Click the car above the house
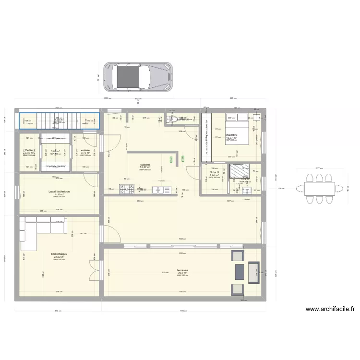pos(138,76)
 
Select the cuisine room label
pos(145,165)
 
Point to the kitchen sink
pos(159,190)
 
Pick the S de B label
pos(214,172)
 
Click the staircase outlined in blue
pos(59,121)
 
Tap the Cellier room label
pos(29,150)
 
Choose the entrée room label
pos(86,150)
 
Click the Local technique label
pos(59,192)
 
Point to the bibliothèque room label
pos(59,254)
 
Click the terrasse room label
pos(182,270)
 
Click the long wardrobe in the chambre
pos(206,137)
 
